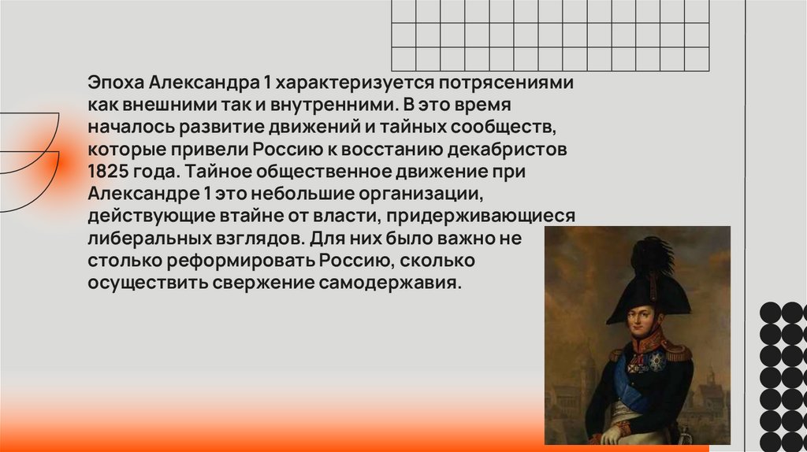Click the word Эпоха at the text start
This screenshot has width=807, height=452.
tap(114, 82)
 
